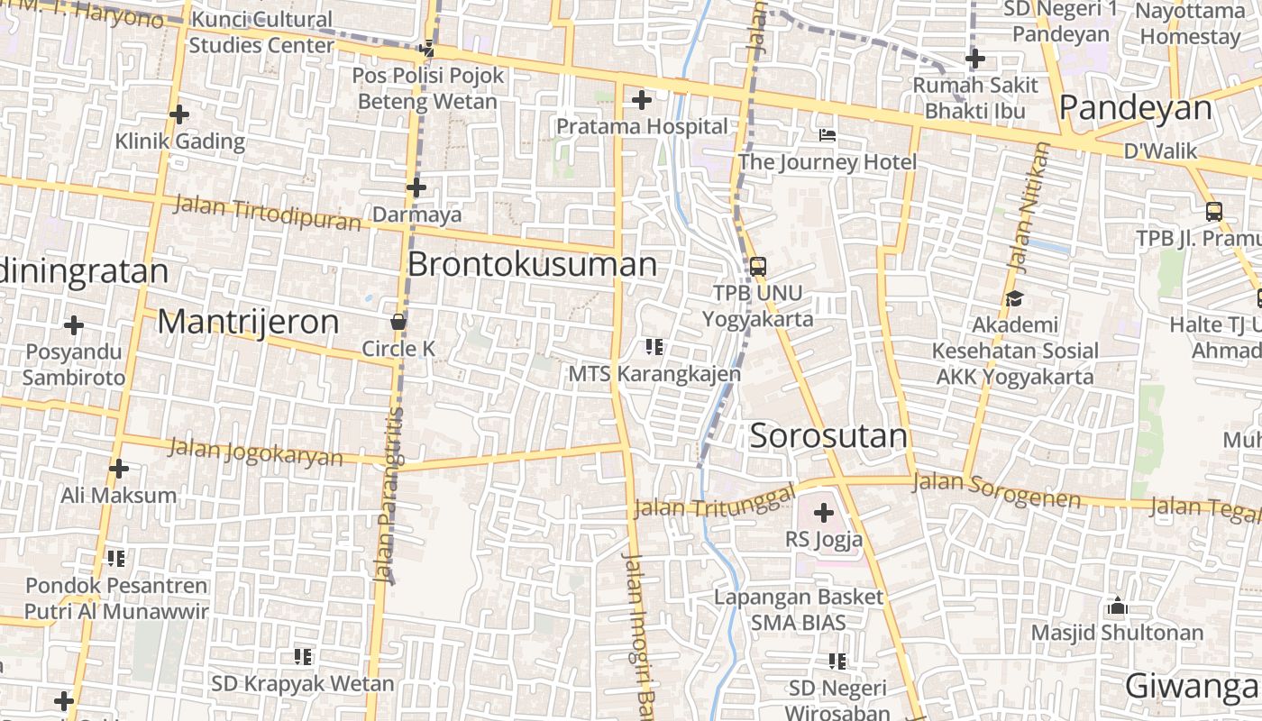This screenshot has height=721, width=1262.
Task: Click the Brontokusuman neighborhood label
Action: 532,264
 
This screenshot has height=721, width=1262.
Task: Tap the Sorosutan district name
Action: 828,436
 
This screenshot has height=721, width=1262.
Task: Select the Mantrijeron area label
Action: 248,322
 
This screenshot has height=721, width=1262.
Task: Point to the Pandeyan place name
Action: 1135,108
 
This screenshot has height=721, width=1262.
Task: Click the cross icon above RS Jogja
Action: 823,513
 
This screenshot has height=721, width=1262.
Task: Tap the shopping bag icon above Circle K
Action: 398,322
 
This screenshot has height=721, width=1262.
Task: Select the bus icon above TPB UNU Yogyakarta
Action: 757,266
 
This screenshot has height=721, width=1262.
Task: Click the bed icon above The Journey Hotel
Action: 827,135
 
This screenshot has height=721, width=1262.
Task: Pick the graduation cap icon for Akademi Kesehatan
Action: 1014,298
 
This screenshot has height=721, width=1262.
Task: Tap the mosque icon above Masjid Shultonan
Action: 1117,606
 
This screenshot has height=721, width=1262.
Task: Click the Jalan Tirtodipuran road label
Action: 267,213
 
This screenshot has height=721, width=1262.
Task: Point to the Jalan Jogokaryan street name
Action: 256,451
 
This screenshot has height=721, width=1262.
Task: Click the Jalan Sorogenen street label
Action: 996,490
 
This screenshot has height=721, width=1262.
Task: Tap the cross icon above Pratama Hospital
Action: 641,100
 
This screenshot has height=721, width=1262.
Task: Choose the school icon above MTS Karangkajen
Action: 654,346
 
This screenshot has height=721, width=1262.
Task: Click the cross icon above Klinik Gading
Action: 179,114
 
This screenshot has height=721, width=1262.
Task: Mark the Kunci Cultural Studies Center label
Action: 261,32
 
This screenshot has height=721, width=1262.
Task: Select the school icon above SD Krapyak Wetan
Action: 303,657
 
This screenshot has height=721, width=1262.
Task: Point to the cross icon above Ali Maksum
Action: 118,469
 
